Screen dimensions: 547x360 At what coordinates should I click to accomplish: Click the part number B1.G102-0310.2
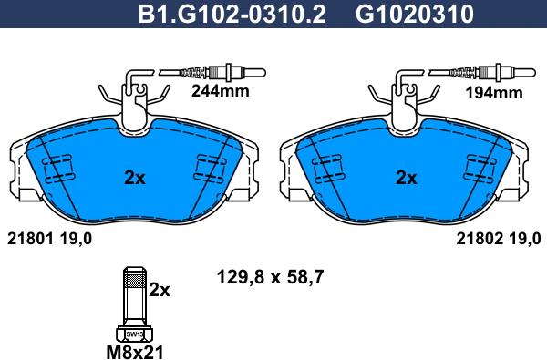coord(232,14)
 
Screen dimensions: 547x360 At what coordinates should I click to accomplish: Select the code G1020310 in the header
coord(415,14)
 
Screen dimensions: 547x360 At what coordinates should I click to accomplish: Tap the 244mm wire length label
coord(221,91)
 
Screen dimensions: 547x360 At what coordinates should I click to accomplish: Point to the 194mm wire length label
coord(494,93)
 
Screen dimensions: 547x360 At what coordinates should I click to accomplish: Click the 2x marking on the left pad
coord(135,179)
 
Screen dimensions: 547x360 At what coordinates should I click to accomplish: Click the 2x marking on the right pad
coord(406,179)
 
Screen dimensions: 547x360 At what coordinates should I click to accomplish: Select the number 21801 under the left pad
coord(30,240)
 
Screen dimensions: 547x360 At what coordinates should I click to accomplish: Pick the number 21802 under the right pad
coord(480,240)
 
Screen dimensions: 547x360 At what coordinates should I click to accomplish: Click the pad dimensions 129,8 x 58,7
coord(271,278)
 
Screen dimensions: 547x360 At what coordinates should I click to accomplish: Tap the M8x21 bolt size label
coord(135,352)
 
